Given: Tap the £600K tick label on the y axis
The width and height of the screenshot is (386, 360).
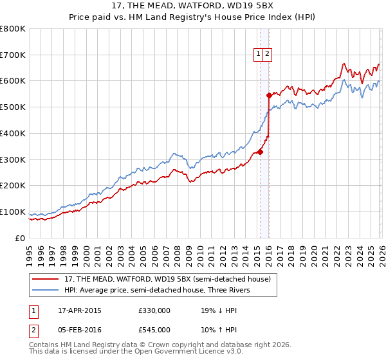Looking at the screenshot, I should pyautogui.click(x=13, y=81).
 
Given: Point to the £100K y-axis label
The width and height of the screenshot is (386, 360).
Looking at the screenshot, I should pyautogui.click(x=13, y=212).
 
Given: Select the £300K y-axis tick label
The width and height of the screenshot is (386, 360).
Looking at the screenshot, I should pyautogui.click(x=13, y=159).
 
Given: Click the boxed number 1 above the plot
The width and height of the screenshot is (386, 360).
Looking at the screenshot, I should pyautogui.click(x=258, y=55).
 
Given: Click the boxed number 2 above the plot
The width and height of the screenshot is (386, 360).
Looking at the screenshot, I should pyautogui.click(x=267, y=55).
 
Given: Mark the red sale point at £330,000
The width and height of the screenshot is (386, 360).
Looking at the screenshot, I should pyautogui.click(x=260, y=152).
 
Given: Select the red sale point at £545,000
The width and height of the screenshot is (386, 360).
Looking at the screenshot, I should pyautogui.click(x=269, y=96).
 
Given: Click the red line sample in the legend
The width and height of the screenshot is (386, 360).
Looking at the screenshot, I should pyautogui.click(x=46, y=279).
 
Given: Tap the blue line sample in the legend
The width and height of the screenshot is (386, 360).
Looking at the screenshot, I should pyautogui.click(x=46, y=290).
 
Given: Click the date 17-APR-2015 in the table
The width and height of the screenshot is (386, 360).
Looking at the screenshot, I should pyautogui.click(x=80, y=310).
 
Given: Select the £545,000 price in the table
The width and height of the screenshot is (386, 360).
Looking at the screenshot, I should pyautogui.click(x=154, y=330).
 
